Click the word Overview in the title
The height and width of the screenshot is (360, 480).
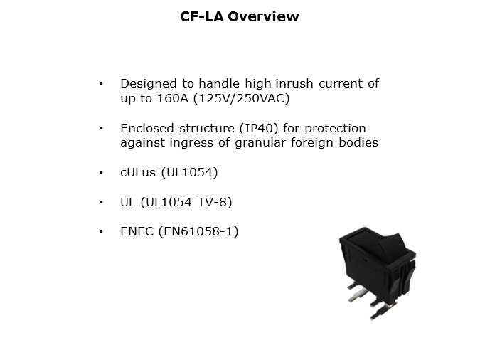pos(263,16)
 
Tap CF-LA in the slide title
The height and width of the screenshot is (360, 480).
pos(202,16)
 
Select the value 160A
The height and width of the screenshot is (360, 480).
pos(173,99)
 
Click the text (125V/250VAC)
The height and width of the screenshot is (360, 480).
pos(242,99)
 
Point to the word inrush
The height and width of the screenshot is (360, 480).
pos(294,83)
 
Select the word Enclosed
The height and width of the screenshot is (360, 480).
pos(147,128)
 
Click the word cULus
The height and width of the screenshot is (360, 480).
pos(138,172)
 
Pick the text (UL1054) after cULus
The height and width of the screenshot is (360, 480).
pos(189,172)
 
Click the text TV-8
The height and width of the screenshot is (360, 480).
pos(213,202)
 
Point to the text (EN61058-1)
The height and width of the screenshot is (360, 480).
pos(198,231)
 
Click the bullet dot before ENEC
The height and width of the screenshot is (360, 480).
pos(101,231)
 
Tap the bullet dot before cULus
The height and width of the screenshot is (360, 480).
pos(101,172)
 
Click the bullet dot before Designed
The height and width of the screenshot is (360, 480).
pos(101,83)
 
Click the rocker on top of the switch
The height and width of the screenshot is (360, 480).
pos(378,245)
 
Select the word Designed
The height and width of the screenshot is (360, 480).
pos(149,84)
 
